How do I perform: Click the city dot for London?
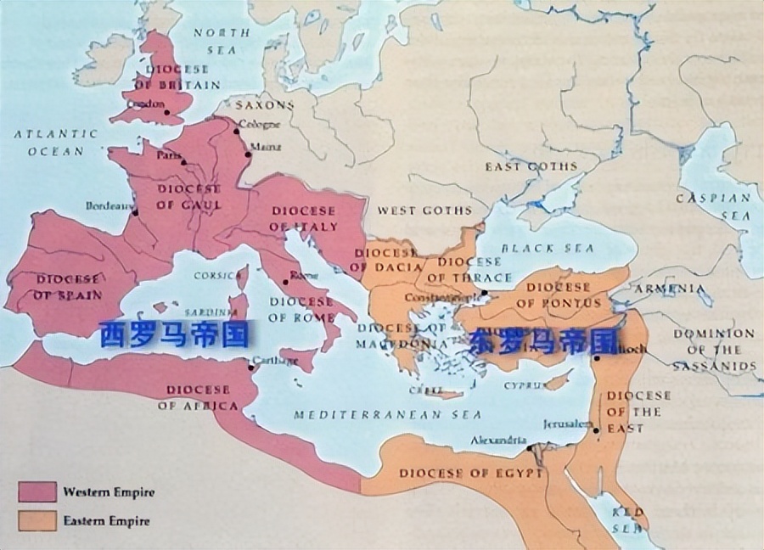(167, 111)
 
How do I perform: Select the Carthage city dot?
(251, 367)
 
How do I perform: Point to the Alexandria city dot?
(528, 447)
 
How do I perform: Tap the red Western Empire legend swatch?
(37, 491)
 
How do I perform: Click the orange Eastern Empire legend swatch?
(37, 519)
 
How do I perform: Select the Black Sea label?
(542, 249)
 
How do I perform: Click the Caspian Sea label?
(713, 206)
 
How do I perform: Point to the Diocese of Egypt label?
(470, 473)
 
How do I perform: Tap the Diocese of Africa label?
(198, 397)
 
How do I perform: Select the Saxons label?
(264, 106)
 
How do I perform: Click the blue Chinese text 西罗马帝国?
(174, 334)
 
